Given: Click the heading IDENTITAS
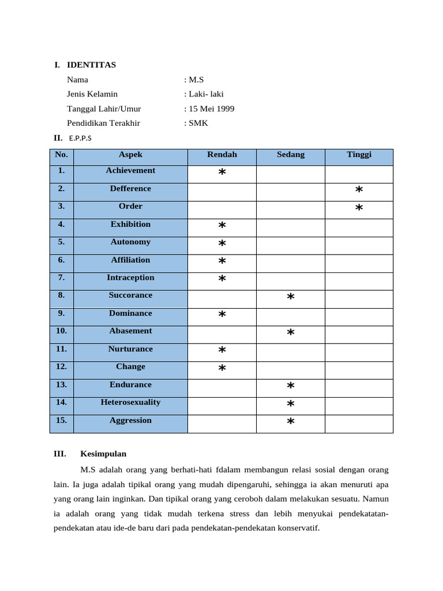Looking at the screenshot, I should click(x=91, y=65).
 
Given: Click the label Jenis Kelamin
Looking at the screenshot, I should click(x=92, y=94).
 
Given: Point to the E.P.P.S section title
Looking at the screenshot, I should click(x=80, y=138).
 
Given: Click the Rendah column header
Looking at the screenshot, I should click(x=222, y=155).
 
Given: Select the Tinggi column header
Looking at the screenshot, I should click(x=359, y=155).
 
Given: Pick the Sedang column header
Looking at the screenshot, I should click(x=291, y=155).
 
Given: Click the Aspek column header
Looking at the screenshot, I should click(x=130, y=155).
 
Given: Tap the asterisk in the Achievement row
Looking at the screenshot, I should click(x=222, y=173).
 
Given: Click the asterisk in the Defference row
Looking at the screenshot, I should click(x=359, y=190).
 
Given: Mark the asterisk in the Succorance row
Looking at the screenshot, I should click(x=291, y=297).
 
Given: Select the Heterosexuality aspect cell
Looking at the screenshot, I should click(x=130, y=402).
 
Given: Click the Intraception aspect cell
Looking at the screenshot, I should click(x=130, y=278).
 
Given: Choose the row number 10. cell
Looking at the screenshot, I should click(x=62, y=331).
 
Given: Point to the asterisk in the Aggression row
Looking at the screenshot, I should click(x=291, y=422).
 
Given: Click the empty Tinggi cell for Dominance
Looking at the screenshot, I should click(x=359, y=315).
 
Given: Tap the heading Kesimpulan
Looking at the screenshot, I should click(x=103, y=454).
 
